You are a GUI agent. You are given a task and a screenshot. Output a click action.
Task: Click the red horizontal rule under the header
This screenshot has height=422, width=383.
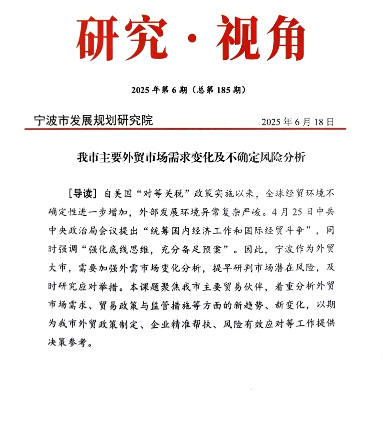click(186, 129)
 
